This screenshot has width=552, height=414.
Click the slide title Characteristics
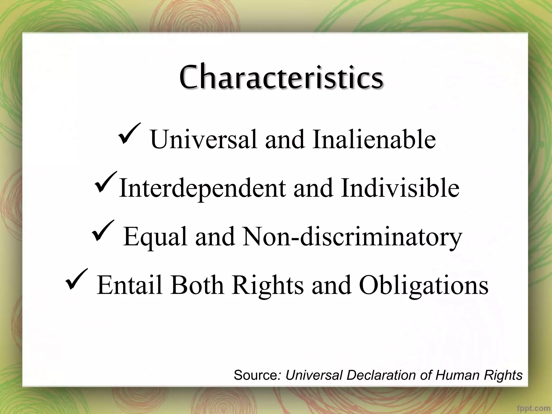pos(281,77)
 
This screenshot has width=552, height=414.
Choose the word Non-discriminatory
pos(352,236)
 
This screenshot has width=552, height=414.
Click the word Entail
pos(130,285)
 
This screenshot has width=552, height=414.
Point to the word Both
pos(197,285)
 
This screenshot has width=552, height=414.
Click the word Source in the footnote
pos(255,375)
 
